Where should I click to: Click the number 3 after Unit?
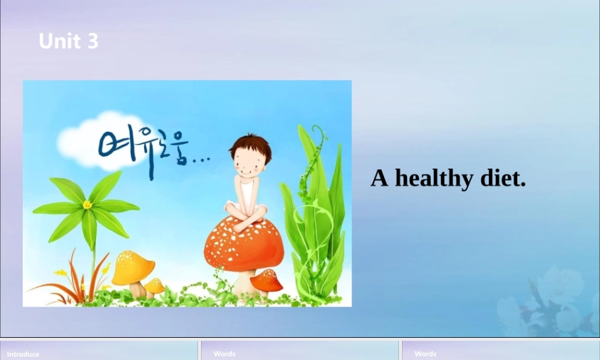pos(92,41)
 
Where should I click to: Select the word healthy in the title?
pos(433,178)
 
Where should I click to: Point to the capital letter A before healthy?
pos(379,178)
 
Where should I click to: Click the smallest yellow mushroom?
pos(155,286)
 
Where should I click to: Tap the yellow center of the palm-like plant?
pos(88,205)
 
